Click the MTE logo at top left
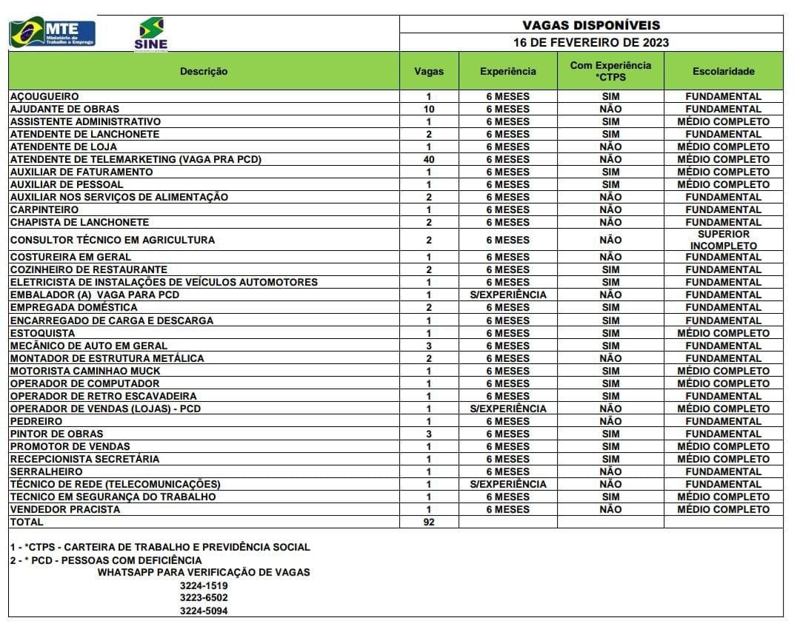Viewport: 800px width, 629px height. click(x=53, y=33)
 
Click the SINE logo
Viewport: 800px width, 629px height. click(x=151, y=34)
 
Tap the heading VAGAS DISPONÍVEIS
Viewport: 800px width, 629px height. click(x=590, y=25)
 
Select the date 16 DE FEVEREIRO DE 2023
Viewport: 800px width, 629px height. click(x=590, y=43)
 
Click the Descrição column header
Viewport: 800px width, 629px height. click(x=204, y=72)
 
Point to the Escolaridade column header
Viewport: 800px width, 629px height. click(x=723, y=72)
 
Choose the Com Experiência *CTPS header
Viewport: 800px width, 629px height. click(x=610, y=71)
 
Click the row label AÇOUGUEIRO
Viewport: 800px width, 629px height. click(x=44, y=96)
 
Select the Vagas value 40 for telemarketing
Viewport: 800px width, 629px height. click(x=429, y=159)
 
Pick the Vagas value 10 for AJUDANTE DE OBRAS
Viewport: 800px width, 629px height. click(x=429, y=109)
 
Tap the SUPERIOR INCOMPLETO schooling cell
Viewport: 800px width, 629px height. click(x=723, y=240)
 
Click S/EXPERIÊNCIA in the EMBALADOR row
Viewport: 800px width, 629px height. click(x=507, y=295)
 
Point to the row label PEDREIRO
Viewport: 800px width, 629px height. click(x=36, y=421)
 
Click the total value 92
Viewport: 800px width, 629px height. click(x=429, y=522)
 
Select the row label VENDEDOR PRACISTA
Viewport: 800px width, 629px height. click(x=65, y=509)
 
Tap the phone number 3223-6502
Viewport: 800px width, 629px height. click(x=204, y=598)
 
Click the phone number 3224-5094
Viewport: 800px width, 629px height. click(x=204, y=610)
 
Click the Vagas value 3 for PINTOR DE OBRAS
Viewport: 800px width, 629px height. click(x=429, y=434)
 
